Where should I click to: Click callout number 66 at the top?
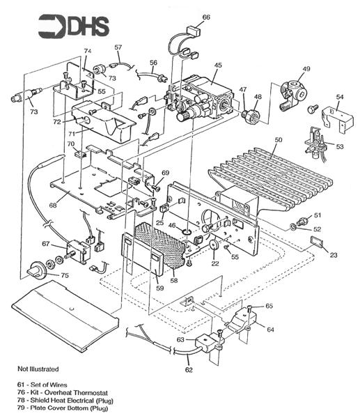click(206, 17)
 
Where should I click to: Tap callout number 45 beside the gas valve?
click(218, 65)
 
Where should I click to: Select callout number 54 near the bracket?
click(340, 97)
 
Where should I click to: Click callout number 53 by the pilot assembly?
click(340, 147)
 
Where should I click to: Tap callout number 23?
click(333, 255)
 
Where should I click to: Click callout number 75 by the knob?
click(65, 276)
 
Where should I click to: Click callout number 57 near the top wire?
click(118, 47)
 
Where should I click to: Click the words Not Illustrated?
click(38, 368)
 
